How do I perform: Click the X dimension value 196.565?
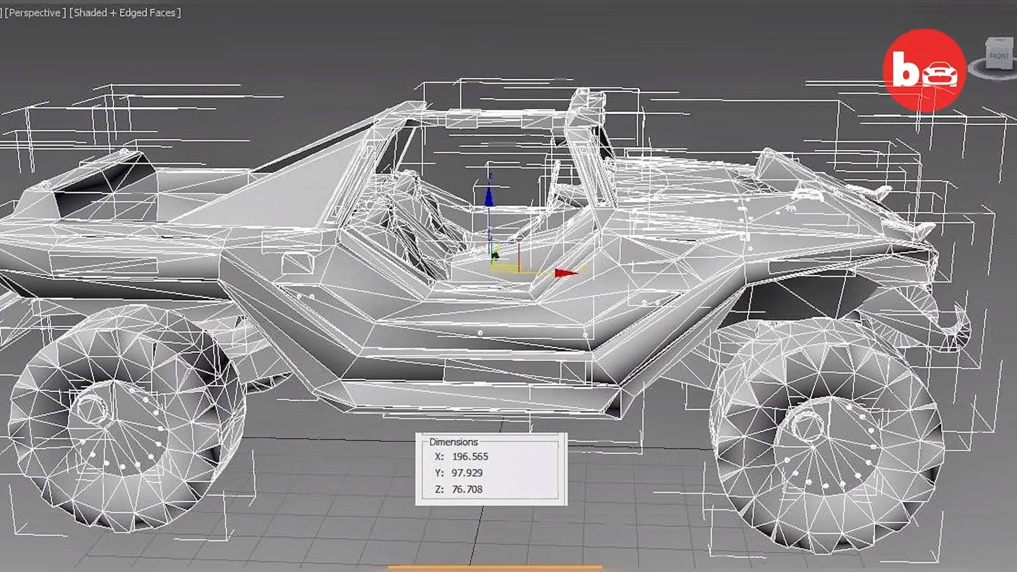[470, 457]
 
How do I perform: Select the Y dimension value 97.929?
[467, 473]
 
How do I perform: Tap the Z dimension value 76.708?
[467, 489]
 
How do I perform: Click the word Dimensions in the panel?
[453, 442]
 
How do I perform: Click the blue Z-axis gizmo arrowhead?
[489, 198]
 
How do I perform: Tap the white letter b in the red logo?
[906, 69]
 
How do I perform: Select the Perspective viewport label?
[35, 13]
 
